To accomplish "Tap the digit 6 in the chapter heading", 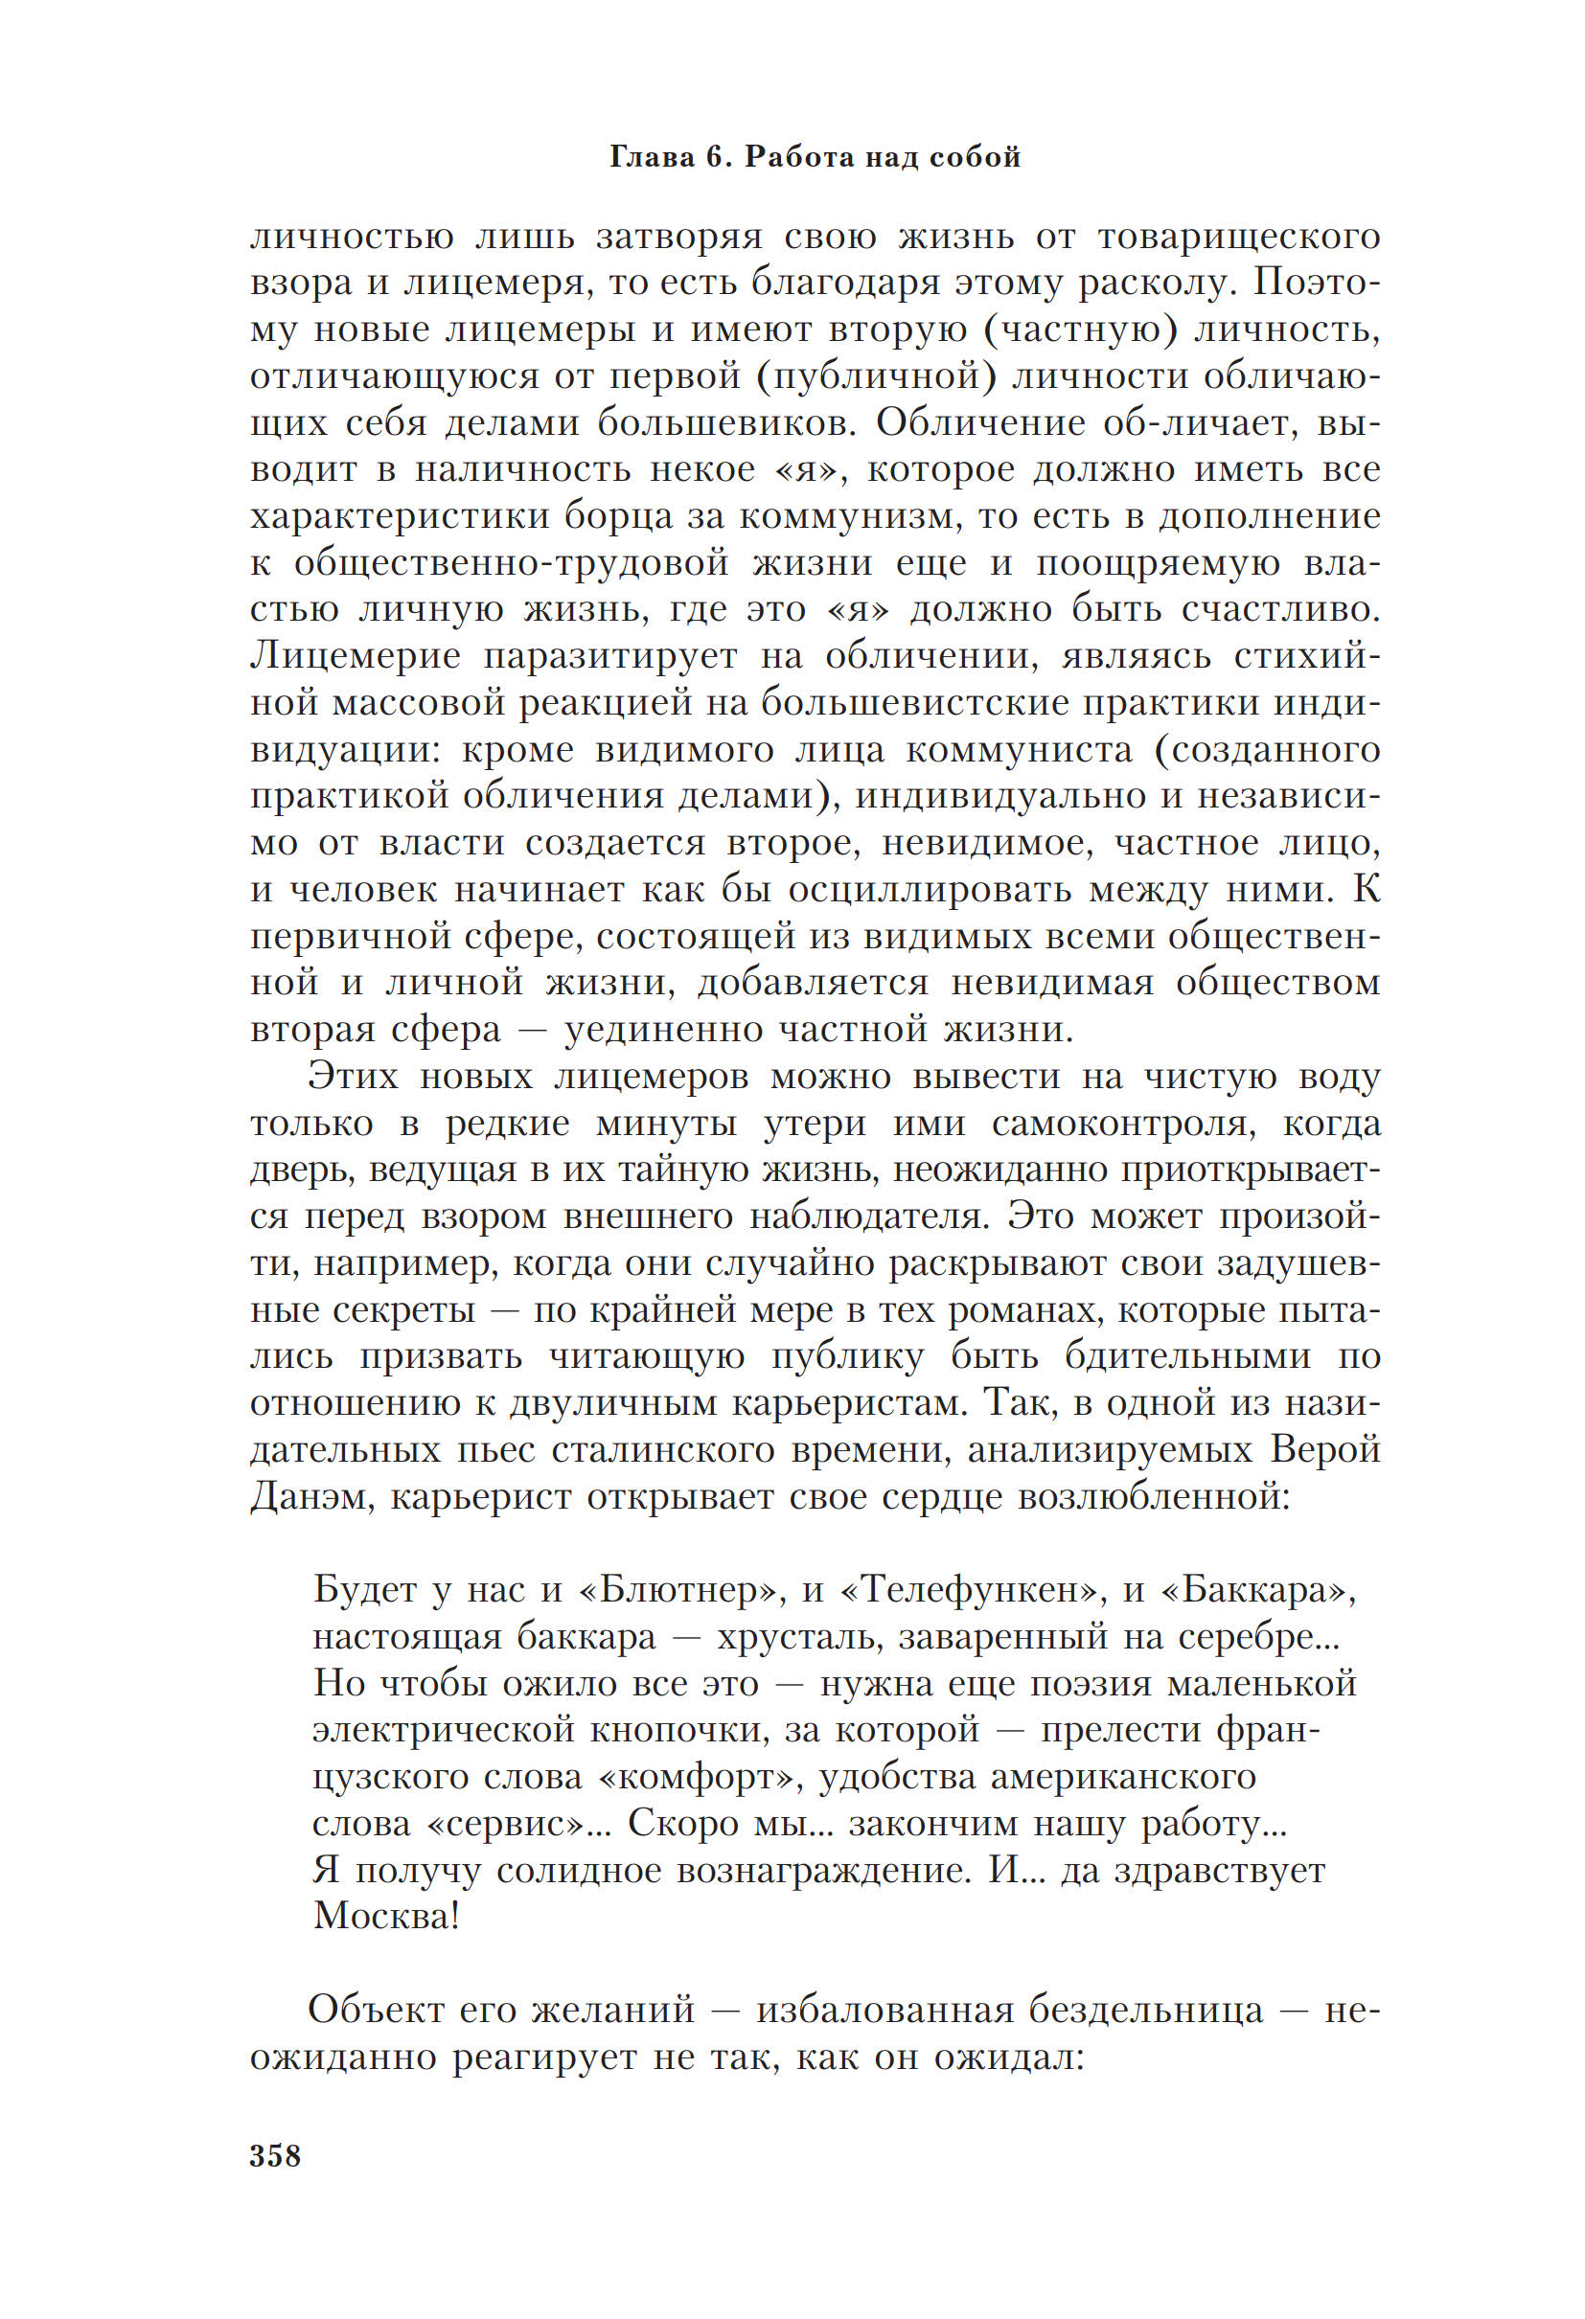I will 719,157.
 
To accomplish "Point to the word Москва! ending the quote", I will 386,1916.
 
